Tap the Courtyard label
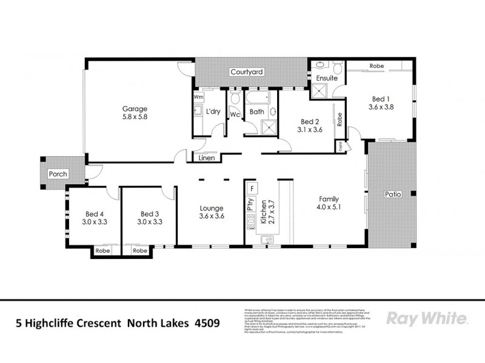pos(246,72)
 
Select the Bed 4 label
pos(95,214)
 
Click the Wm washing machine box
pos(198,97)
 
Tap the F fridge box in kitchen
pos(251,188)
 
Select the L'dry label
pos(212,112)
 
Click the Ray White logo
pos(426,318)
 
